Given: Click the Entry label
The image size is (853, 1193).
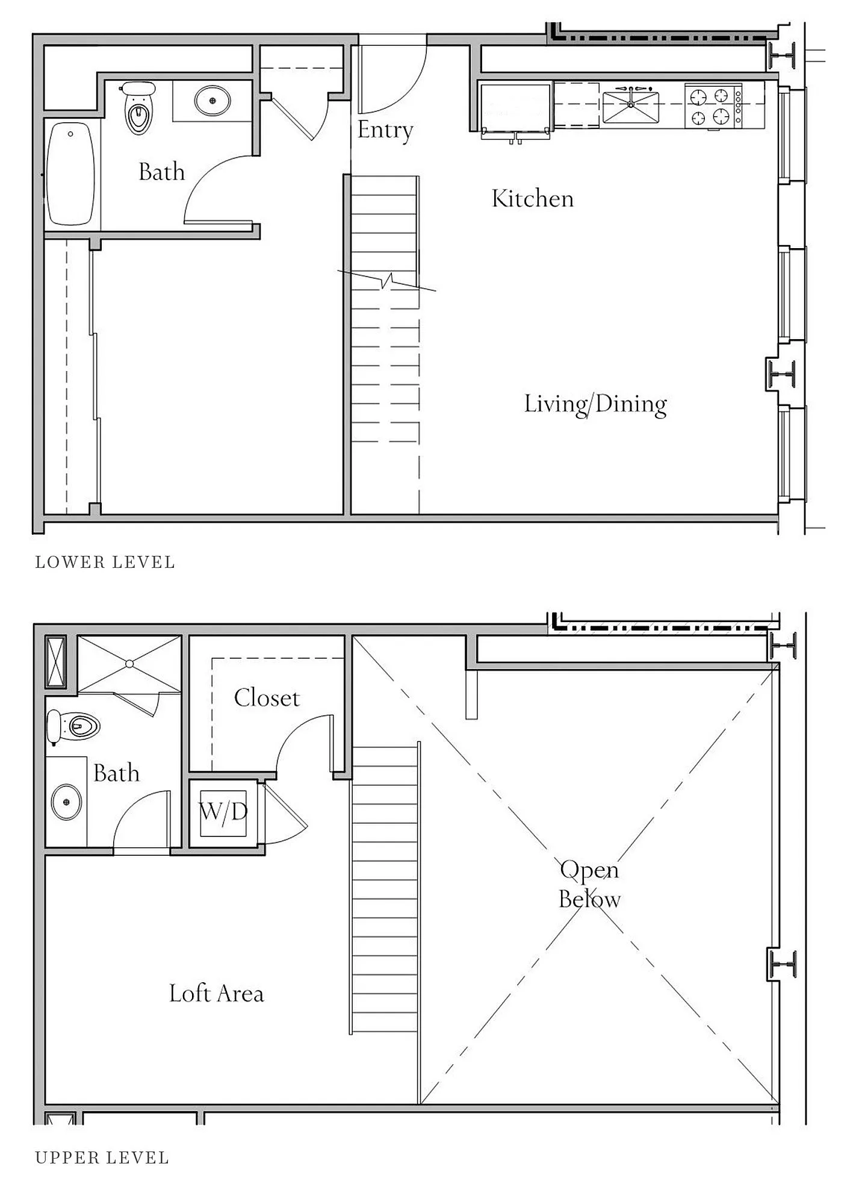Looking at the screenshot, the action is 385,130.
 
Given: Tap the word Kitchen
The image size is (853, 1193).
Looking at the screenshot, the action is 533,199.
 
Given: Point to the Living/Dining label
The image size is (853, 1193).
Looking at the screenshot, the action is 595,404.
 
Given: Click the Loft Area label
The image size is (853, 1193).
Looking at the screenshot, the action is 217,993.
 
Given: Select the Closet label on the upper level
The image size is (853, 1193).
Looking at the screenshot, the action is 267,698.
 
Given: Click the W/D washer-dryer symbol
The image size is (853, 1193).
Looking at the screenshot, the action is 223,813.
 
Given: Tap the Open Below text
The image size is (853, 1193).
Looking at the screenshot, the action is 589,884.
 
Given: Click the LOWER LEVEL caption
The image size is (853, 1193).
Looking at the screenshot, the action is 105,562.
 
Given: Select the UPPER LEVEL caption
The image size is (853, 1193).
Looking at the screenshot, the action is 102,1157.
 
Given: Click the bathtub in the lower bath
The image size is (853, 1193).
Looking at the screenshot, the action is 70,173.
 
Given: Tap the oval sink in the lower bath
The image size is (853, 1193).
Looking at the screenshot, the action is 212,101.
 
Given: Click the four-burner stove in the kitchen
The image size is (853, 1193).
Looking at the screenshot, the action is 713,106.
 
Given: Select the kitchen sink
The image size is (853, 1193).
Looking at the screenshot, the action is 631,107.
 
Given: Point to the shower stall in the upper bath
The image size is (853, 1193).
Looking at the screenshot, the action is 129,664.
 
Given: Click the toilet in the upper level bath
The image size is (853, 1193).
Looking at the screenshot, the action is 73,727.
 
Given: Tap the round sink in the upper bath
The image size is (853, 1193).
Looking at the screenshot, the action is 67,803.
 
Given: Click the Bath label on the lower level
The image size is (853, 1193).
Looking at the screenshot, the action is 161,172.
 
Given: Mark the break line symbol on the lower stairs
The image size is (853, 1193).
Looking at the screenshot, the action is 386,281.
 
